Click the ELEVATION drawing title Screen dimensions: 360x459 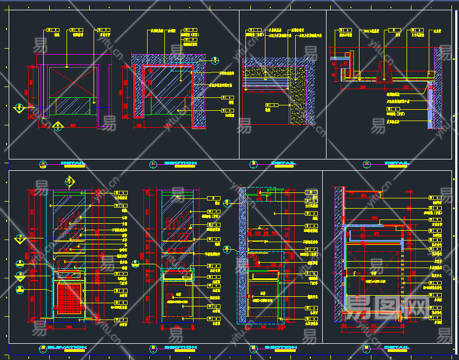pyautogui.click(x=67, y=348)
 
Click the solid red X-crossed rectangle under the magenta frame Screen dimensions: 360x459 pyautogui.click(x=73, y=81)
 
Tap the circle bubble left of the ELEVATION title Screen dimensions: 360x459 pyautogui.click(x=43, y=348)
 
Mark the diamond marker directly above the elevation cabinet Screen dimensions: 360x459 pyautogui.click(x=69, y=181)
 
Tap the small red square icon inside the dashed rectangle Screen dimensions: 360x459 pyautogui.click(x=170, y=296)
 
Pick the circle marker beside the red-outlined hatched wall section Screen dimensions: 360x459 pyautogui.click(x=215, y=61)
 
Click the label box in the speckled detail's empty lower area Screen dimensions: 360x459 pyautogui.click(x=269, y=105)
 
